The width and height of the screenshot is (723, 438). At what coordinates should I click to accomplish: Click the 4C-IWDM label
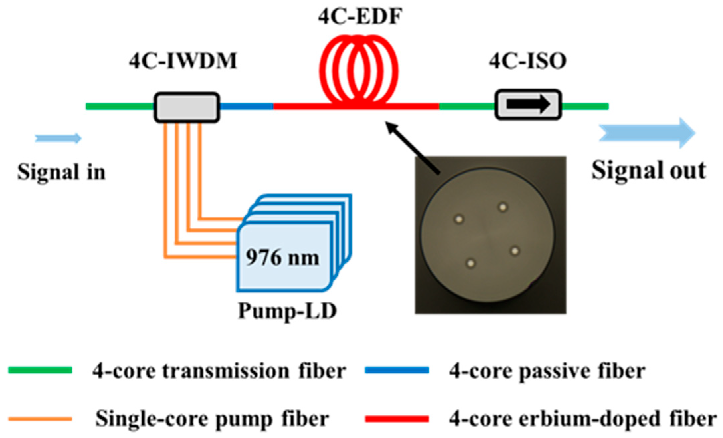pyautogui.click(x=183, y=61)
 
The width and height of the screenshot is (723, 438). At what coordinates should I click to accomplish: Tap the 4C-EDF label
pyautogui.click(x=360, y=16)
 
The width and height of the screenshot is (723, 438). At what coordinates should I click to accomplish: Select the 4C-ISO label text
pyautogui.click(x=528, y=61)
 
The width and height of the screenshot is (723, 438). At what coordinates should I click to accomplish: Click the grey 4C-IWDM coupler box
pyautogui.click(x=186, y=107)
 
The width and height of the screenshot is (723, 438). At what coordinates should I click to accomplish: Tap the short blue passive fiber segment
pyautogui.click(x=246, y=106)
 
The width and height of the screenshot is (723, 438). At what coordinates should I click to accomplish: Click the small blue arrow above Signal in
pyautogui.click(x=58, y=138)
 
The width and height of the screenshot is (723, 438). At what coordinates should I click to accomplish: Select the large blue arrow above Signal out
pyautogui.click(x=647, y=133)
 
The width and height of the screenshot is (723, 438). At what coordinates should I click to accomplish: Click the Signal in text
pyautogui.click(x=61, y=172)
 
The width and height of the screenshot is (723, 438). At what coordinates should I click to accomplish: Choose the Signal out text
pyautogui.click(x=649, y=170)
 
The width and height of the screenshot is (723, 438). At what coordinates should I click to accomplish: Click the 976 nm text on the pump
pyautogui.click(x=282, y=258)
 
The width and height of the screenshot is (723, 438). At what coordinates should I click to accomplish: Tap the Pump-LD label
pyautogui.click(x=287, y=311)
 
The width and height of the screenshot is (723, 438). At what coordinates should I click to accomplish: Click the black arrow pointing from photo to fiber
pyautogui.click(x=412, y=148)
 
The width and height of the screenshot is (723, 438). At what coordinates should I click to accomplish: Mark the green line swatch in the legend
pyautogui.click(x=40, y=370)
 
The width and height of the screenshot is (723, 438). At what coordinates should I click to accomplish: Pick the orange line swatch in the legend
pyautogui.click(x=40, y=419)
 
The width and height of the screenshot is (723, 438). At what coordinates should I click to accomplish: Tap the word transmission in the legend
pyautogui.click(x=226, y=371)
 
